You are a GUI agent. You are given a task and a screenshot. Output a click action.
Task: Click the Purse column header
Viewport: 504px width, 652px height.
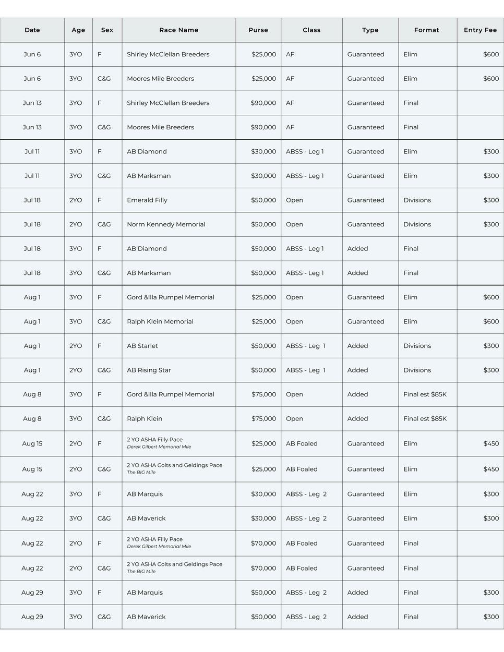(258, 30)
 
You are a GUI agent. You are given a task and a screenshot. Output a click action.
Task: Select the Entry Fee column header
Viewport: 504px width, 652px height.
(480, 30)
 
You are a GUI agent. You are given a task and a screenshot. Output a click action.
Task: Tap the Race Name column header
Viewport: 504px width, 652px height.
(178, 30)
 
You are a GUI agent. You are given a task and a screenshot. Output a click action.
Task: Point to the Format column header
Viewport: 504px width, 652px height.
(426, 30)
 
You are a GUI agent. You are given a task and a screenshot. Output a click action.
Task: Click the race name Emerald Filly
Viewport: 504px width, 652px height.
(147, 200)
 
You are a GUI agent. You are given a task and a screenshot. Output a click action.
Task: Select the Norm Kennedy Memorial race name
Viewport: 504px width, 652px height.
(166, 224)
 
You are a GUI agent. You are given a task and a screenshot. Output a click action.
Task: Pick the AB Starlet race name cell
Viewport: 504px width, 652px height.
(142, 346)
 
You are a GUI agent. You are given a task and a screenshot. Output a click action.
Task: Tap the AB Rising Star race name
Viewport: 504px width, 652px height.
(149, 370)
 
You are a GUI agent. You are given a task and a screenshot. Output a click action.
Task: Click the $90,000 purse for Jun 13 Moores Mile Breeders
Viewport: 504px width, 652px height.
(263, 127)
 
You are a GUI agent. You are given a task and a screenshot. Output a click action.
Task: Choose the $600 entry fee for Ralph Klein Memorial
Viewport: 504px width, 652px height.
(491, 322)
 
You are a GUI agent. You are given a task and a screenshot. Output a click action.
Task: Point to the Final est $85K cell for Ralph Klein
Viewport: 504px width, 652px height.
(425, 419)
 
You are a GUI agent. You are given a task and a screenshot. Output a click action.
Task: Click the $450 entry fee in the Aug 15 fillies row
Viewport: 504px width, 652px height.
(491, 444)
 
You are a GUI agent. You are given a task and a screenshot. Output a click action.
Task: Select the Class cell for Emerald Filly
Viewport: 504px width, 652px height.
(294, 200)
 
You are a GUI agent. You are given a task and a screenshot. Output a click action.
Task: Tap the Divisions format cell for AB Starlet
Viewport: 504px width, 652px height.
(417, 346)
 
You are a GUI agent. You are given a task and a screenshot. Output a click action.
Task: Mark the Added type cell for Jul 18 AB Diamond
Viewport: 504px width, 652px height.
(357, 249)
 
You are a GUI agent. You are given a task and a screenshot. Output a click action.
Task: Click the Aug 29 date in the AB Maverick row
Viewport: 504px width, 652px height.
(32, 617)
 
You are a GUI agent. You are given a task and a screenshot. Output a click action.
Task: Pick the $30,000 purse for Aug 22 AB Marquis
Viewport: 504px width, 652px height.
(263, 494)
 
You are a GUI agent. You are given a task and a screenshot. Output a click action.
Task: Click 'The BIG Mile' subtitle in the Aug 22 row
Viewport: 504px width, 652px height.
(141, 572)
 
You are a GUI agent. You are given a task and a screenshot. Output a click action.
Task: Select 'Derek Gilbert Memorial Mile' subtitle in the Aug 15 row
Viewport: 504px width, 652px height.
(159, 447)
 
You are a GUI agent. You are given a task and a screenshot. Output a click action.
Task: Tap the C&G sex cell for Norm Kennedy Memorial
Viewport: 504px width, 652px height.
(104, 224)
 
